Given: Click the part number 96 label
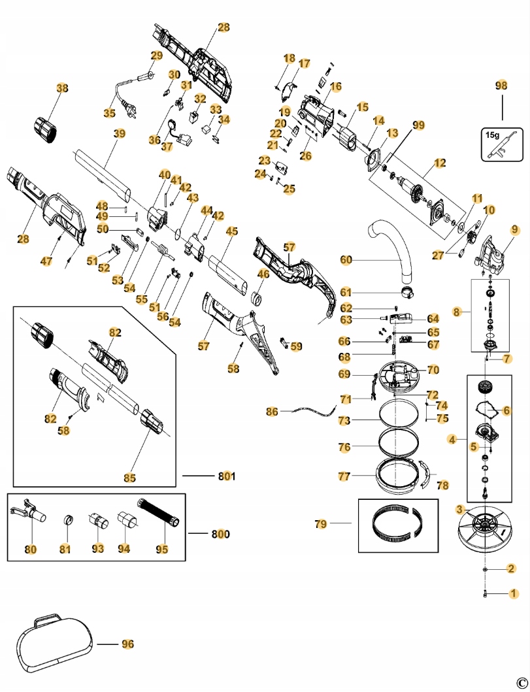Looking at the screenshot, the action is click(127, 644).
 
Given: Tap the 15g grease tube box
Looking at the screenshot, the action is click(502, 144).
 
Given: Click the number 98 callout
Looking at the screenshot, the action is click(501, 85).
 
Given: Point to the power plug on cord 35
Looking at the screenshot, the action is click(129, 111).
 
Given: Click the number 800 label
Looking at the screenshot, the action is click(220, 534).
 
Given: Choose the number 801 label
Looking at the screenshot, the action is click(226, 476).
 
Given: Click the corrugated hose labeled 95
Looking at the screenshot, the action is click(159, 512).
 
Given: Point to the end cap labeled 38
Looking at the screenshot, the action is click(46, 129).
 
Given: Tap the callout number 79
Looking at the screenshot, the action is click(321, 523).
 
